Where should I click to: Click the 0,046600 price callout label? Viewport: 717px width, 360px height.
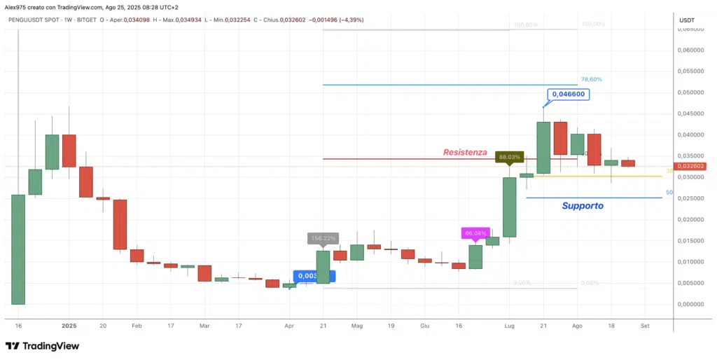[x=568, y=94]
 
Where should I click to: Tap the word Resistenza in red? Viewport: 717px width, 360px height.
[x=465, y=152]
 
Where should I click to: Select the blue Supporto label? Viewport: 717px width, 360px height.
[x=582, y=206]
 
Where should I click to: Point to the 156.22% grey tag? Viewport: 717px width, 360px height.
[x=323, y=238]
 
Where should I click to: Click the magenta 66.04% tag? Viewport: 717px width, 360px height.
[x=475, y=233]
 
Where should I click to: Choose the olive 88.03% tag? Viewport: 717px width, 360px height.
[x=509, y=158]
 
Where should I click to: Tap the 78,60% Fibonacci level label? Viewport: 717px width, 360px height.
[x=591, y=80]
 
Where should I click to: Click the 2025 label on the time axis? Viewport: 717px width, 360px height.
[x=69, y=326]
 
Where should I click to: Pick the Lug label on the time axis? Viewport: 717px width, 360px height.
[x=509, y=326]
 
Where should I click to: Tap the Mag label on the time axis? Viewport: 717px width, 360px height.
[x=357, y=326]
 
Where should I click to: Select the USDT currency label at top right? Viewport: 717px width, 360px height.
[x=687, y=20]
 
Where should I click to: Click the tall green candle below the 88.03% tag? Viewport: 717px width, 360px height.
[x=509, y=207]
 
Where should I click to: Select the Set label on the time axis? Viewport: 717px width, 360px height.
[x=645, y=326]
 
